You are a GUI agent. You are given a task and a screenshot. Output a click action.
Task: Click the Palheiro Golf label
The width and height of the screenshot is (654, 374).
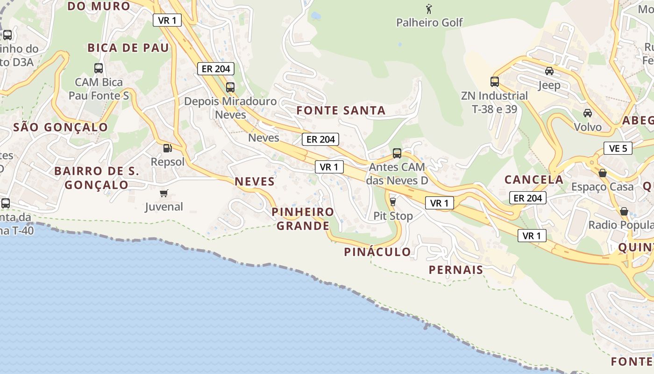click(x=429, y=22)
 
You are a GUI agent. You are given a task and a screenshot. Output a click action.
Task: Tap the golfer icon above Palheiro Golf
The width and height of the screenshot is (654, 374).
click(x=429, y=8)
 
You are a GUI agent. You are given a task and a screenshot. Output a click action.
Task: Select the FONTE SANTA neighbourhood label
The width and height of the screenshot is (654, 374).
click(x=341, y=111)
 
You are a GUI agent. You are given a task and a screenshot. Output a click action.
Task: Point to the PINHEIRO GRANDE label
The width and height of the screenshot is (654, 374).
click(x=303, y=219)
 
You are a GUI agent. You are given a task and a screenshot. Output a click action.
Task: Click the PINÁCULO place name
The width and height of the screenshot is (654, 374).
click(x=377, y=252)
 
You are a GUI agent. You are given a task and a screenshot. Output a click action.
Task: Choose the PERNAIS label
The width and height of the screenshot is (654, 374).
click(x=455, y=270)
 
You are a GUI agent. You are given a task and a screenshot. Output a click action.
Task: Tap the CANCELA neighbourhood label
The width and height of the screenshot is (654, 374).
click(x=534, y=180)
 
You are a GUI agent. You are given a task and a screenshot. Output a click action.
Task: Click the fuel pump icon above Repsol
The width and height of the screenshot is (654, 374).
click(x=167, y=148)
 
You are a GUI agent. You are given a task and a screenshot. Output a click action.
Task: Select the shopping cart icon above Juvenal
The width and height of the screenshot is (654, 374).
click(x=163, y=193)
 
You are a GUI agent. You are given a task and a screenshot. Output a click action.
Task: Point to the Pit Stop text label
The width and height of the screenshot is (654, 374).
click(x=393, y=216)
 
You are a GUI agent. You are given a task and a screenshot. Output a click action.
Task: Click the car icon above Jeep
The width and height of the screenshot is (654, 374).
click(x=549, y=71)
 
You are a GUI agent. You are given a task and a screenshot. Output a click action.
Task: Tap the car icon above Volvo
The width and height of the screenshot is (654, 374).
click(x=588, y=113)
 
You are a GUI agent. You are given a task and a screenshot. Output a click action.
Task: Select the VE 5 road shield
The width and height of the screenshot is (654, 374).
click(x=618, y=149)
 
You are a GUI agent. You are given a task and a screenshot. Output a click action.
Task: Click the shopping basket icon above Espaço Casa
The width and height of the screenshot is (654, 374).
click(x=603, y=173)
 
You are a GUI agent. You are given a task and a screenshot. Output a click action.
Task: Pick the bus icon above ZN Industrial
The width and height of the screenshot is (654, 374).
click(x=495, y=82)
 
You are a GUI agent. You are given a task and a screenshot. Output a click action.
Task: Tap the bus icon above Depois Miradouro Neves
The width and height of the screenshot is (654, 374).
click(x=230, y=87)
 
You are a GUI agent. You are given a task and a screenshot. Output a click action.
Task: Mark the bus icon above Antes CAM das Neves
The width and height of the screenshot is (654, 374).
click(x=397, y=153)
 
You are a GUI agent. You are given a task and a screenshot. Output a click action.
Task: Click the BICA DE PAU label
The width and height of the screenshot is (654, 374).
click(x=128, y=48)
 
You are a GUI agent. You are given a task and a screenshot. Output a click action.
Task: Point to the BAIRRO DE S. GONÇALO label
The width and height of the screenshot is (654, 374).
click(x=97, y=178)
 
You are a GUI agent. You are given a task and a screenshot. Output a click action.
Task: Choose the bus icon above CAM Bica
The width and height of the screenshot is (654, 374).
click(x=99, y=68)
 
